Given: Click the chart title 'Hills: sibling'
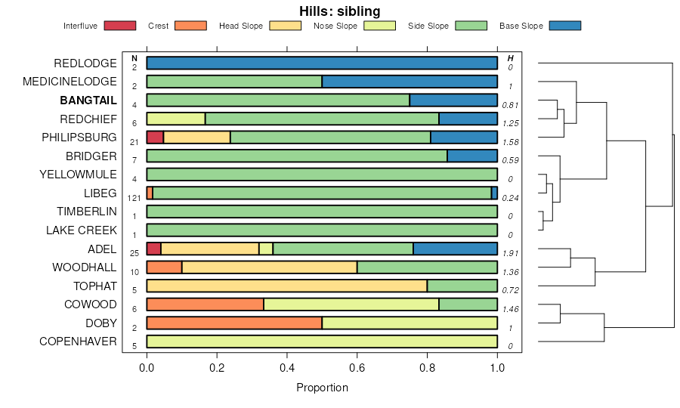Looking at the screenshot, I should [339, 11].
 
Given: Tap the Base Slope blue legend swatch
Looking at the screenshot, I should [564, 26].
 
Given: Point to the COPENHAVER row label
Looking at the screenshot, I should [78, 342].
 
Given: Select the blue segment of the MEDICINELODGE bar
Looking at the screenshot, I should [410, 82].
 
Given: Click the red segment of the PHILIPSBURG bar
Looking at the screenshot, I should [155, 137].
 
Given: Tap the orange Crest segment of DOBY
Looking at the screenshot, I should [234, 323].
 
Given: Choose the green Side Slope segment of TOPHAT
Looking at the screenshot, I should [462, 286].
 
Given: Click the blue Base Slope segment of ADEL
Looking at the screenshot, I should [455, 249].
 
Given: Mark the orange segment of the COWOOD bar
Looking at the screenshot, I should [205, 304].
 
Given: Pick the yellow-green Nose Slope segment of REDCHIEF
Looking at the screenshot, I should [175, 119].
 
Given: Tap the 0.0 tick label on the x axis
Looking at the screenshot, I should [147, 368].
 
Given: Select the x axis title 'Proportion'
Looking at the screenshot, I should [322, 388].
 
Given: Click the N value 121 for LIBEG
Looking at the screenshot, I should [134, 198].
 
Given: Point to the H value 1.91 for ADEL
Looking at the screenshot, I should [511, 254].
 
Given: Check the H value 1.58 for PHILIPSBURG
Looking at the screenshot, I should [511, 142].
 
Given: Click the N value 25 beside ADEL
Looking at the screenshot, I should [134, 254].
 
